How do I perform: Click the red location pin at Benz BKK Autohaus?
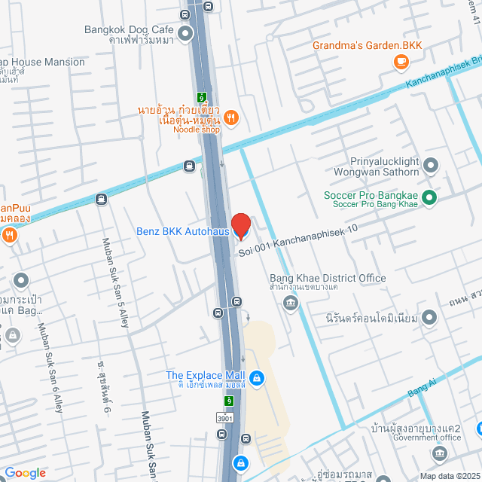241,226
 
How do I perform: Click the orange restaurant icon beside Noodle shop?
232,117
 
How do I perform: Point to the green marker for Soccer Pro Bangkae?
429,198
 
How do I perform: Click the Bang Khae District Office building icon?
289,302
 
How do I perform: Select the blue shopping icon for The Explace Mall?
257,377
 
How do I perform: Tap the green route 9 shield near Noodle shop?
202,97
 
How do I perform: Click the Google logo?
25,472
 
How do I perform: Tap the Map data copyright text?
449,475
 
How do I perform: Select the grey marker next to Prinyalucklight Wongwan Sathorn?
431,165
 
